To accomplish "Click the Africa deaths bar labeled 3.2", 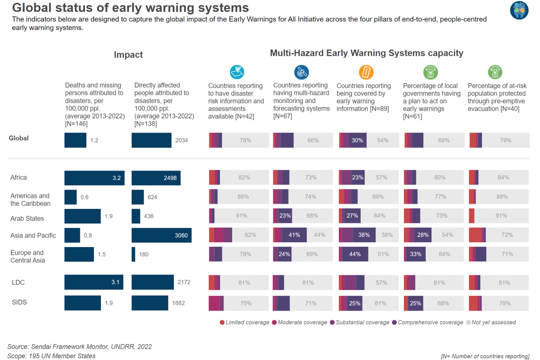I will tap(94, 178).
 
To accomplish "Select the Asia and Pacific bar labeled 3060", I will tap(161, 235).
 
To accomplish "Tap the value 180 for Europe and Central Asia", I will tap(143, 254).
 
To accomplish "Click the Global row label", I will tap(19, 138).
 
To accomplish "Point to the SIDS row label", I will tap(19, 302).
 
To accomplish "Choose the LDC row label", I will tap(18, 282).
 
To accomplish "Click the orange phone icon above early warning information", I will tap(366, 72).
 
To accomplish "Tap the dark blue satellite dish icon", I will tap(301, 72).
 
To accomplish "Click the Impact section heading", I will tap(128, 55).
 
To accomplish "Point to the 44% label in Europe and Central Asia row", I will tap(355, 254).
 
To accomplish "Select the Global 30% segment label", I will tap(357, 140).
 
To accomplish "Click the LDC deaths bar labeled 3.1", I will tap(94, 282).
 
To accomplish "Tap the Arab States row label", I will tap(27, 218).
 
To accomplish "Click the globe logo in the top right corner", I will tap(519, 10).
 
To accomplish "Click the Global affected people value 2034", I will tap(181, 140).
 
